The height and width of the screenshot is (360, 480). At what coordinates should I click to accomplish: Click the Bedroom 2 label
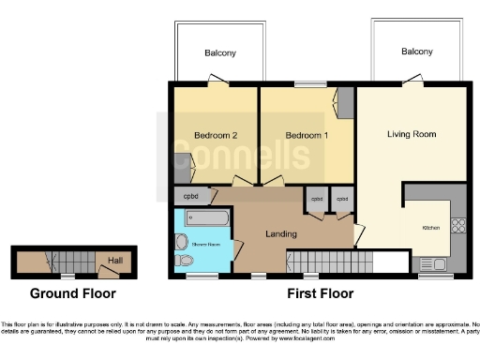pos(215,135)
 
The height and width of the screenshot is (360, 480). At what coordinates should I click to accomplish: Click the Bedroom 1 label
pos(307,135)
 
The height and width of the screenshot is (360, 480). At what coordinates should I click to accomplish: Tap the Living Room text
pos(412,134)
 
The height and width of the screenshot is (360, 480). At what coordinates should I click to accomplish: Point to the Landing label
pos(281,233)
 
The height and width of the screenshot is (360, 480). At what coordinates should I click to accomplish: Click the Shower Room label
pos(206,245)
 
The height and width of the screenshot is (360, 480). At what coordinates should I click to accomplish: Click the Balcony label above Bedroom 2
pos(221,53)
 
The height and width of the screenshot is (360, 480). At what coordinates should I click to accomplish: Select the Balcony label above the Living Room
pos(417,52)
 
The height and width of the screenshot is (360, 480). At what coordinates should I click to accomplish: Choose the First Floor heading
pos(319,293)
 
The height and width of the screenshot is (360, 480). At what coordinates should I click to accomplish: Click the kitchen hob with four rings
pos(458,225)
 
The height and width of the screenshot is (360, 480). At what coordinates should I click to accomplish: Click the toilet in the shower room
pos(184,260)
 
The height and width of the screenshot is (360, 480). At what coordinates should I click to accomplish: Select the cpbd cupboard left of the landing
pos(190,197)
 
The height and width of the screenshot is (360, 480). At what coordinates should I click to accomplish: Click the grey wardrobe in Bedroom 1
pos(346,101)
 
